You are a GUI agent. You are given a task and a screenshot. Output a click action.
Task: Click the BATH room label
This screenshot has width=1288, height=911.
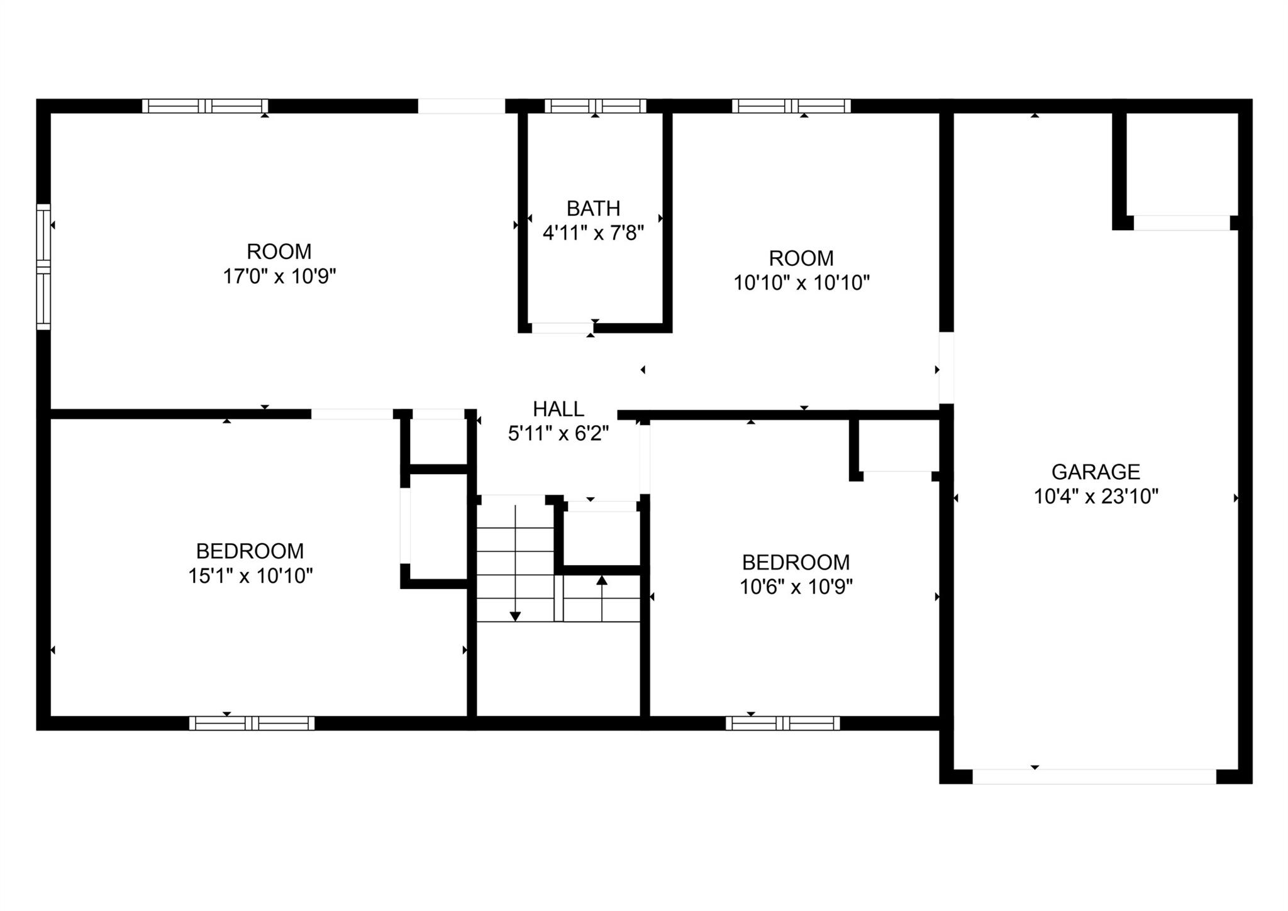tap(593, 208)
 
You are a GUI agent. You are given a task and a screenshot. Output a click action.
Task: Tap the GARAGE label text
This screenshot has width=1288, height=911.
tap(1096, 472)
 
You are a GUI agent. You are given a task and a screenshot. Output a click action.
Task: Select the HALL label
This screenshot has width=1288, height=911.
tap(558, 409)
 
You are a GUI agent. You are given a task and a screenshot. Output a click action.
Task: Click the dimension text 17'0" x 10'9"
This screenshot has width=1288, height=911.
tap(279, 277)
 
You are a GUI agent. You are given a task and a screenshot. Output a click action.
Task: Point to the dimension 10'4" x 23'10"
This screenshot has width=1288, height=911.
tap(1096, 497)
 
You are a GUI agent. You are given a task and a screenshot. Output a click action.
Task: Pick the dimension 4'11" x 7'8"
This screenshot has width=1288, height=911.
tap(593, 233)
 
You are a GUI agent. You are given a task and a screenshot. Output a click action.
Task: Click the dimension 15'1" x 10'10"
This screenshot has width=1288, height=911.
tap(250, 576)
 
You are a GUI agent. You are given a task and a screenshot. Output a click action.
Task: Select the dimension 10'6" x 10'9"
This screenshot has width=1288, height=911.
tap(796, 587)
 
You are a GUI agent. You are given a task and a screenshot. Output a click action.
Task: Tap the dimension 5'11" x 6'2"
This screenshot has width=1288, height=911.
tap(558, 434)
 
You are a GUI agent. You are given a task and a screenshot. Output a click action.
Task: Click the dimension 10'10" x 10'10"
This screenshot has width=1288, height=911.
tap(801, 283)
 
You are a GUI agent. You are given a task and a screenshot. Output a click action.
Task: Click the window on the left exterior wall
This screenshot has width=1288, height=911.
tap(43, 267)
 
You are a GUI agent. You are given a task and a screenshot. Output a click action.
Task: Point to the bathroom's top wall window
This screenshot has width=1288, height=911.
tap(595, 106)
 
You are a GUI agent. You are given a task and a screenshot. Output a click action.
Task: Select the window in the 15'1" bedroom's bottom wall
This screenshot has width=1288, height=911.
tap(252, 723)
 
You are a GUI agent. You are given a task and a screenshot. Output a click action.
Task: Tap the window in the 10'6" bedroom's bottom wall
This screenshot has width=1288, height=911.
tap(782, 723)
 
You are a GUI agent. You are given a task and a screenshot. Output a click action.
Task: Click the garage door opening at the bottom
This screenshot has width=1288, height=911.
tap(1094, 776)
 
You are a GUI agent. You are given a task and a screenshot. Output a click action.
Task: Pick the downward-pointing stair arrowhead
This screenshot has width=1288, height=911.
tap(515, 616)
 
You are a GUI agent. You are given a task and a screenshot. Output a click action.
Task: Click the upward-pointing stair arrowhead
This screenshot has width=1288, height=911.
tap(602, 580)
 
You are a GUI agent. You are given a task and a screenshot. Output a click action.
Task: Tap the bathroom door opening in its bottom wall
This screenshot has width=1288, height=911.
tap(562, 328)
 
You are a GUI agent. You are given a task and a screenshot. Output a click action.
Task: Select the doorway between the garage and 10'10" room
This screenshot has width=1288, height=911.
tap(946, 368)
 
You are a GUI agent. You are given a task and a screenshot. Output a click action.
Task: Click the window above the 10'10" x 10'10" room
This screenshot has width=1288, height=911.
tap(791, 106)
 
